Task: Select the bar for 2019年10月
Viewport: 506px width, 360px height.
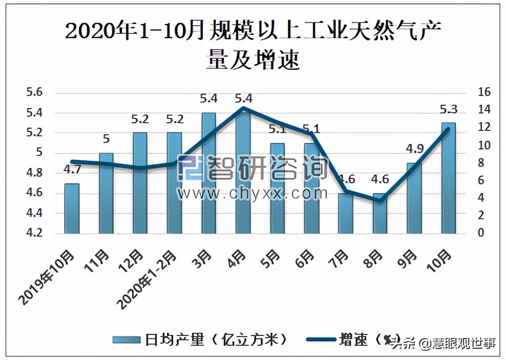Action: (x=71, y=209)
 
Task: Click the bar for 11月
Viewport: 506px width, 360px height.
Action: (x=106, y=194)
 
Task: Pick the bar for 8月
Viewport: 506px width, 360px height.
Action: (x=380, y=214)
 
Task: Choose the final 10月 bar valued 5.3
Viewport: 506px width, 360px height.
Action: (x=448, y=178)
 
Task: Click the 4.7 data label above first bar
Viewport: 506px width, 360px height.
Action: (x=72, y=170)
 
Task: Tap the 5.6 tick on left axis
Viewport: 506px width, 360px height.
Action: (x=34, y=93)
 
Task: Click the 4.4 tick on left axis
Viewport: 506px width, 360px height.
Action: (x=34, y=213)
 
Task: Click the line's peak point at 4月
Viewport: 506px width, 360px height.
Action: (x=243, y=108)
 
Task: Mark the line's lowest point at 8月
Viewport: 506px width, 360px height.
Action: (x=380, y=201)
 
